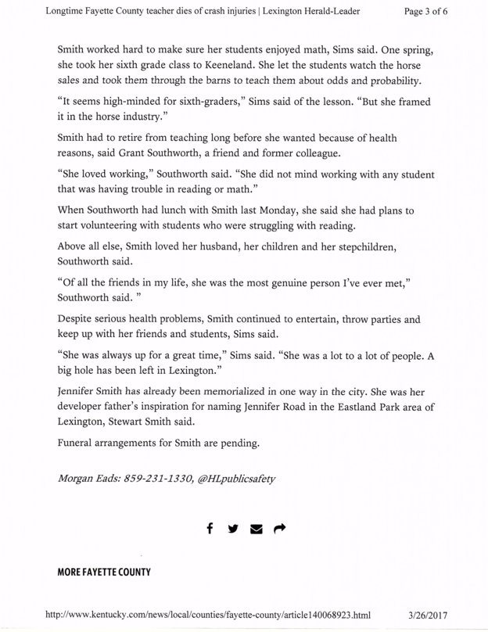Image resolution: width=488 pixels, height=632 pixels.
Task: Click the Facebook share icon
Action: point(210,530)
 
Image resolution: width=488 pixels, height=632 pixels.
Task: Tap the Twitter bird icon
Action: point(232,530)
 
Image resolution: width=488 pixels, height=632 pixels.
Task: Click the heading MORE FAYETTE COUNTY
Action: point(103,573)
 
